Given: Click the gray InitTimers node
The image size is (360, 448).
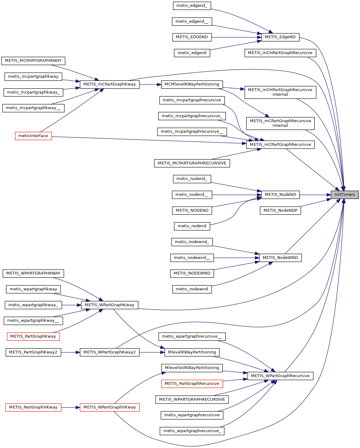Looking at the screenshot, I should coord(344,195).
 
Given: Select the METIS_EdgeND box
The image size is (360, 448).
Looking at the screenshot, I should coord(280,37).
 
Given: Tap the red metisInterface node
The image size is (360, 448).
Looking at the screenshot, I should coord(33,136).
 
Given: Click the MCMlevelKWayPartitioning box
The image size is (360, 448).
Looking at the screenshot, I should coord(192,84).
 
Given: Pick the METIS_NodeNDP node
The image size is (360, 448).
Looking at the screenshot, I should coord(280,210).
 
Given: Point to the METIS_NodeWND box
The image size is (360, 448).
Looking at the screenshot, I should coord(280,258).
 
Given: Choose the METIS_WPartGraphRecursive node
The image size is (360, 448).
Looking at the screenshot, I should coord(280,376).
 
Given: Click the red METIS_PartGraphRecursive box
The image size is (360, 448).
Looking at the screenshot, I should coord(192,384).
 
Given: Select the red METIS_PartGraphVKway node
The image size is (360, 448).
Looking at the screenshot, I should coord(33,407).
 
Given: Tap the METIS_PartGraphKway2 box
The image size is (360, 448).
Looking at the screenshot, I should coord(33,352).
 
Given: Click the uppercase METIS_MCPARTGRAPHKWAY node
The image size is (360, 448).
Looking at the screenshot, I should coord(33,61).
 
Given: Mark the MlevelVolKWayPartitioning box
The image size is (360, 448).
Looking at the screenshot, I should coord(192,368).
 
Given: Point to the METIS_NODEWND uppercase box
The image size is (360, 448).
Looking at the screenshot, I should coord(192,273).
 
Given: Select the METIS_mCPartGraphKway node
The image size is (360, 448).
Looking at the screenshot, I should coord(110,84).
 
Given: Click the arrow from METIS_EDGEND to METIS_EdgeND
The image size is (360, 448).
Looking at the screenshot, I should coord(236,37).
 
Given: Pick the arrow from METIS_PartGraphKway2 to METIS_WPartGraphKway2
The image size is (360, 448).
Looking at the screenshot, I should coord(71,352).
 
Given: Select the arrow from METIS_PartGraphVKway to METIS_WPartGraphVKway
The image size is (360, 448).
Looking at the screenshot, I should coord(71,407).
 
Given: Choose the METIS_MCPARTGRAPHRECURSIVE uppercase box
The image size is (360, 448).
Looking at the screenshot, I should coord(192,163).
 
